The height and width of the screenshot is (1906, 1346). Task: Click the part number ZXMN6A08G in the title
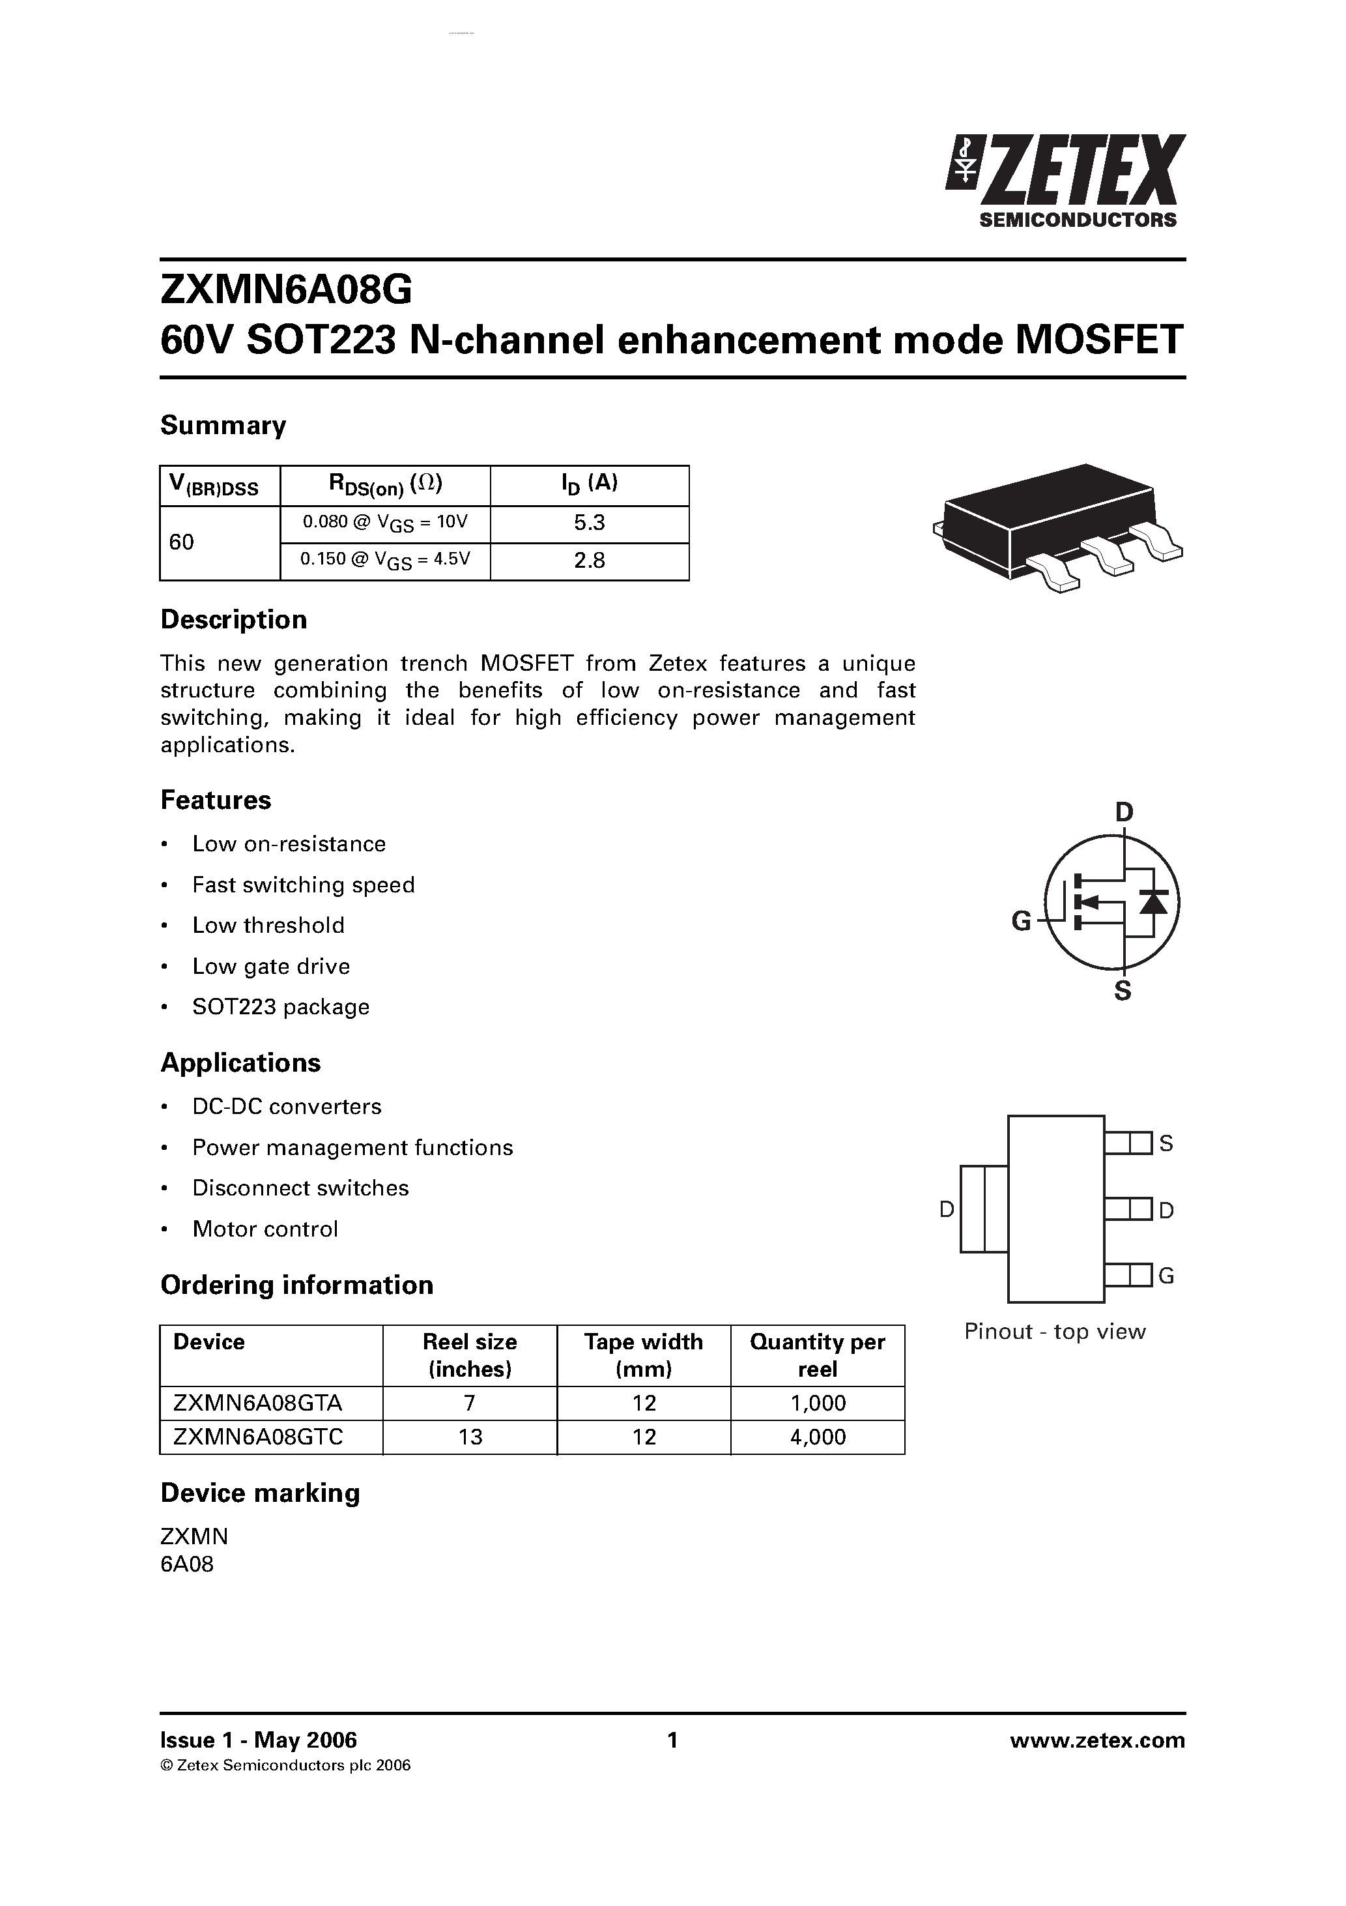[285, 291]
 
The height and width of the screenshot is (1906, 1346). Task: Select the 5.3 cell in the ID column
[589, 523]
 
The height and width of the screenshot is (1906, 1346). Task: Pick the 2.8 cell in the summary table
[589, 561]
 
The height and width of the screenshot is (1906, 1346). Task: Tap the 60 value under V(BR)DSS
[182, 542]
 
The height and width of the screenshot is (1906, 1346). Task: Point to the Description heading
[233, 619]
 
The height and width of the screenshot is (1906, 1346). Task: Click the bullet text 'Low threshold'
[268, 925]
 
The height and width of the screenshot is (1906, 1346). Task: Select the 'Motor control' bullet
[265, 1229]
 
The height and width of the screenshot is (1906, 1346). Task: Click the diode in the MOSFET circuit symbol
[1153, 902]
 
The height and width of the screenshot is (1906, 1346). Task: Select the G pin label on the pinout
[1166, 1276]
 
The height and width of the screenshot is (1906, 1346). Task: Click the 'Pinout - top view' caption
[1055, 1332]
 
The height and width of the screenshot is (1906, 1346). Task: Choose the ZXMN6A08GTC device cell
[258, 1437]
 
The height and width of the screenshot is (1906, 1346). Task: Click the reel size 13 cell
[470, 1437]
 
